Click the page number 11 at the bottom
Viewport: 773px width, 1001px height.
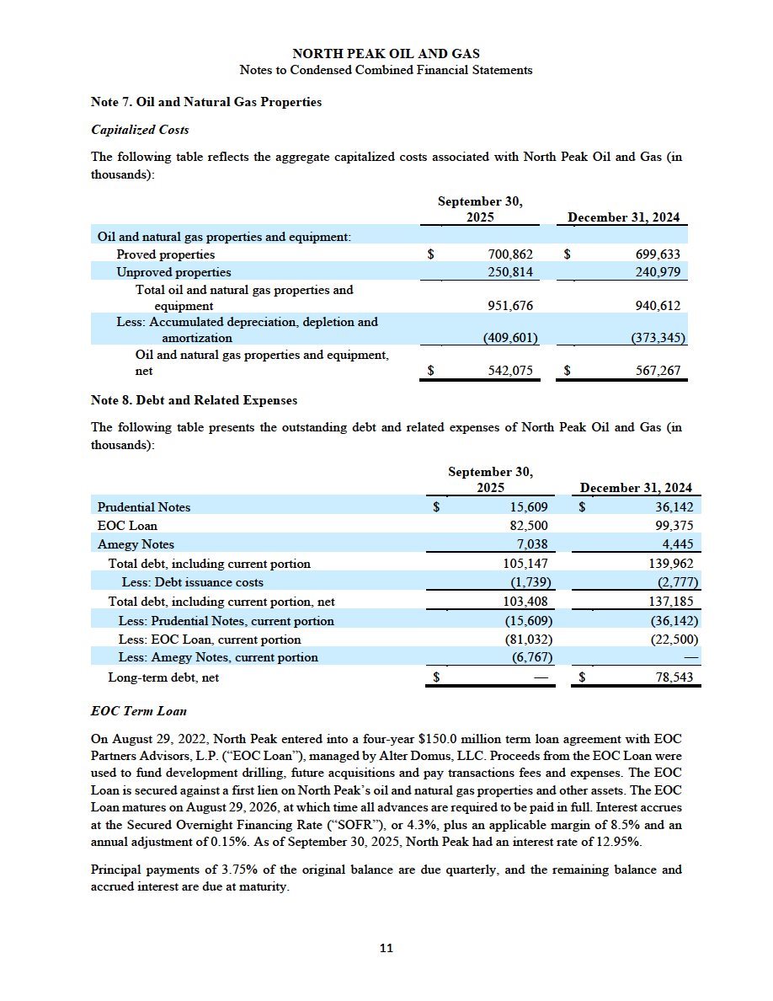386,948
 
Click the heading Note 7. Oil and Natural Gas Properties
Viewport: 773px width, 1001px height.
205,102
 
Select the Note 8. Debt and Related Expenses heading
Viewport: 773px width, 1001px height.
194,400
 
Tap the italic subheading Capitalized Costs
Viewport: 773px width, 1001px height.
140,130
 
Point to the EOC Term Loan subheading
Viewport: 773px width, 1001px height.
138,712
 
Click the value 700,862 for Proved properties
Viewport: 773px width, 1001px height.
510,254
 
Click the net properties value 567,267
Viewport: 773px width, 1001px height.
658,371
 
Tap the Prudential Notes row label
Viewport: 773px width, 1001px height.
144,507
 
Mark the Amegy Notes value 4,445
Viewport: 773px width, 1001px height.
678,544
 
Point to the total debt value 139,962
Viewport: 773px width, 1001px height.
671,564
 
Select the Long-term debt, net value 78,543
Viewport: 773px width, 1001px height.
671,677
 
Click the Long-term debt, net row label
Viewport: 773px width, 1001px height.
163,677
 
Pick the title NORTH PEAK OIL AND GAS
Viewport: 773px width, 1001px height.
386,55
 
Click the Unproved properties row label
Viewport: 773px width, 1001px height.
173,272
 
